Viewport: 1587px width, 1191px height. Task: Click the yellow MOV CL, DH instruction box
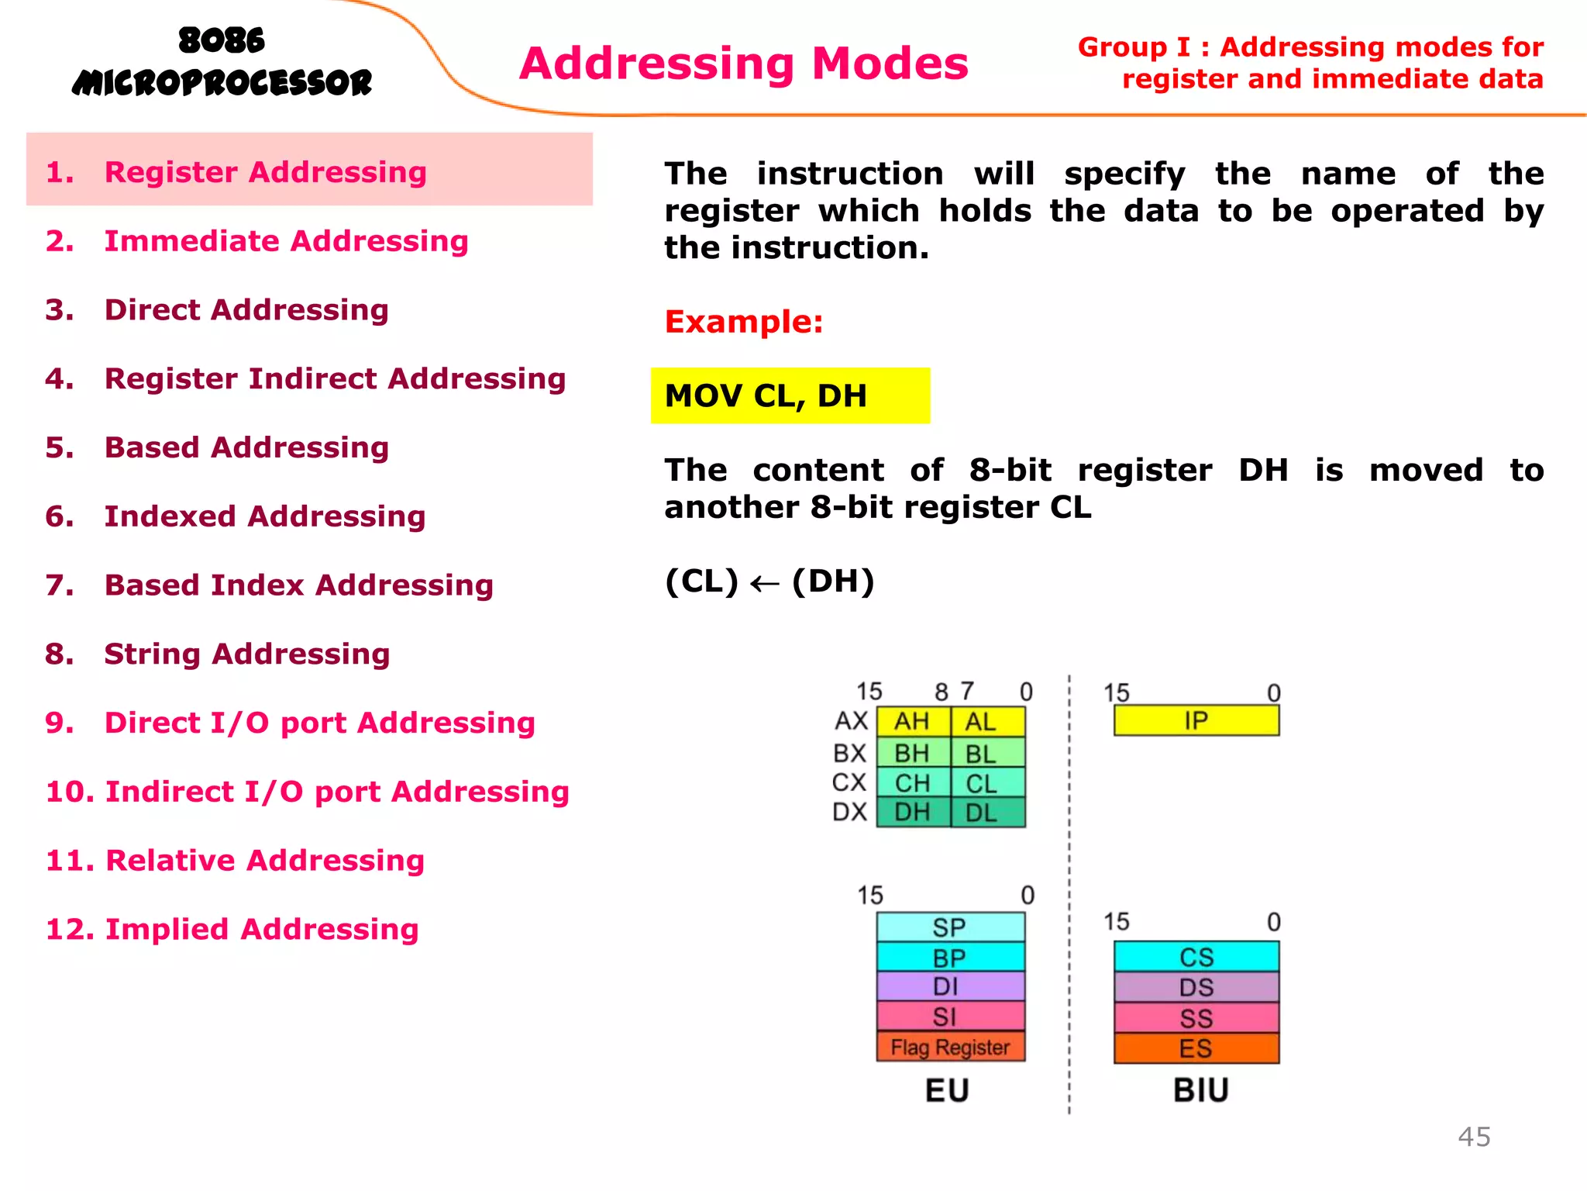click(x=790, y=395)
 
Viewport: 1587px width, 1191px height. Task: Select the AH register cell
click(x=912, y=722)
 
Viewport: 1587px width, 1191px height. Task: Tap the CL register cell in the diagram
click(x=982, y=783)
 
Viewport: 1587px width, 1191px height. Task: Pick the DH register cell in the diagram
click(x=912, y=813)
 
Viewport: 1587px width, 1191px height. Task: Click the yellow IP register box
click(x=1196, y=720)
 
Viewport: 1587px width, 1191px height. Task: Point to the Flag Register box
click(x=950, y=1047)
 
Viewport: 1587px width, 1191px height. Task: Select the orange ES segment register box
click(x=1196, y=1048)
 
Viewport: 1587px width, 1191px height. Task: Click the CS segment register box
click(x=1196, y=957)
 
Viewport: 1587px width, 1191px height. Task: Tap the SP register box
click(x=950, y=927)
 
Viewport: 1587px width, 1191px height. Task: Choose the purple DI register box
click(x=950, y=986)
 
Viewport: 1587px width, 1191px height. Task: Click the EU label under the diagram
click(x=947, y=1090)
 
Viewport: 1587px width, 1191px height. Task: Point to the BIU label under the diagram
click(x=1200, y=1090)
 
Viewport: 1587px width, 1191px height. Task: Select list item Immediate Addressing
click(x=286, y=241)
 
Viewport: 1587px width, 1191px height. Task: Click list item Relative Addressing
click(x=264, y=860)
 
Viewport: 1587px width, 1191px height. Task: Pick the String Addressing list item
click(x=246, y=654)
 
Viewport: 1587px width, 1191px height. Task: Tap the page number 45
click(x=1474, y=1137)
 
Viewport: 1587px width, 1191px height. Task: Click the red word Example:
click(x=744, y=322)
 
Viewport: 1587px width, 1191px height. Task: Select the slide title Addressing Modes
click(x=744, y=64)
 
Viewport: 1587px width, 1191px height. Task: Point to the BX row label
click(x=849, y=753)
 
